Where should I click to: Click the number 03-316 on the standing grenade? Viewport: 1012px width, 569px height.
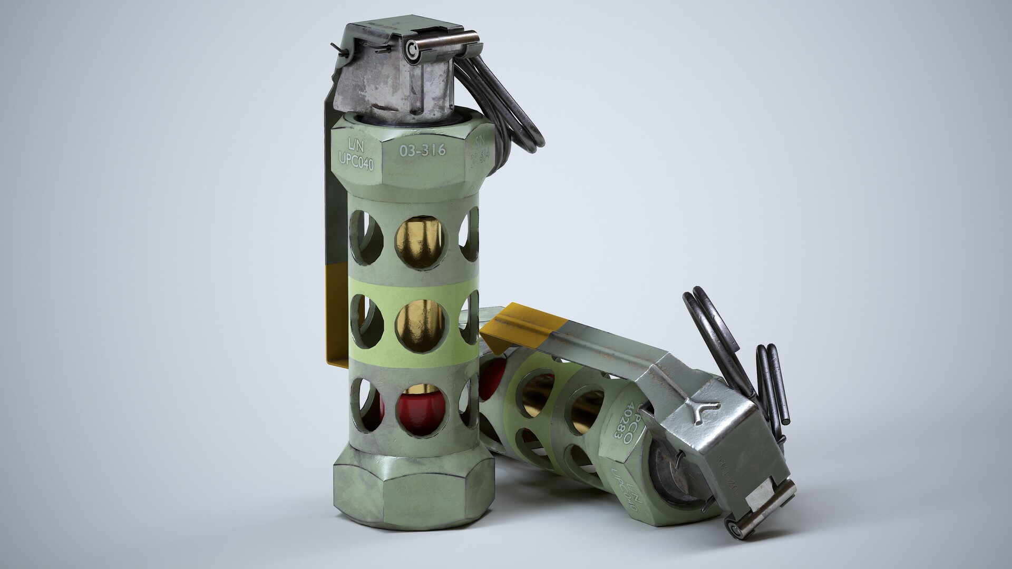tap(423, 151)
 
